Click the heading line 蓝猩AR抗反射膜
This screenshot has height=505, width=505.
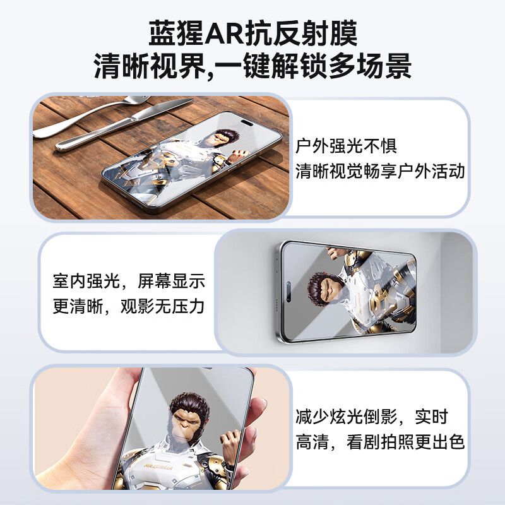pos(252,32)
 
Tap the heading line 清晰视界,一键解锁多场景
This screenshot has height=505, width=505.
pos(252,66)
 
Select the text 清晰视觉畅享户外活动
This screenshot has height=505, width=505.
pos(381,171)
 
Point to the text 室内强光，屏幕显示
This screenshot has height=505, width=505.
pos(129,282)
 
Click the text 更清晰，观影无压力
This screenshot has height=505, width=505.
pos(129,307)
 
